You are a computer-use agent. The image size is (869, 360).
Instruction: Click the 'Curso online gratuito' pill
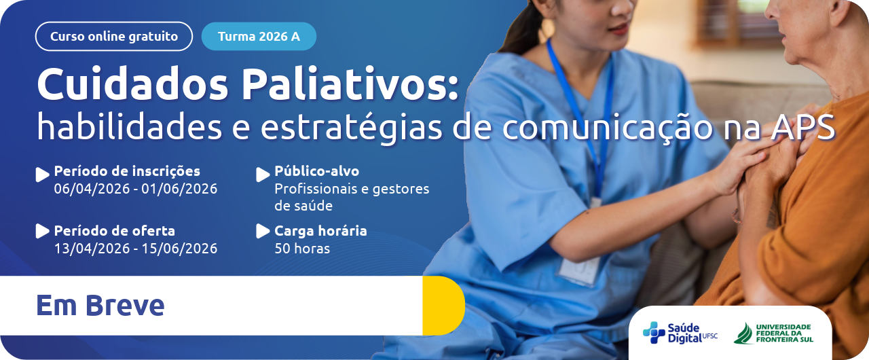pyautogui.click(x=113, y=37)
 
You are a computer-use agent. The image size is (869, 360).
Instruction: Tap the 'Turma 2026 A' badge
pyautogui.click(x=259, y=37)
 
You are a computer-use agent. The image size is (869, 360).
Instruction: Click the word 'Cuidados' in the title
pyautogui.click(x=132, y=85)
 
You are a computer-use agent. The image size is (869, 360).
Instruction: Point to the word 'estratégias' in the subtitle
pyautogui.click(x=351, y=128)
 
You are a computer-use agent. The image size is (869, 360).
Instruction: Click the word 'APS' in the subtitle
pyautogui.click(x=802, y=127)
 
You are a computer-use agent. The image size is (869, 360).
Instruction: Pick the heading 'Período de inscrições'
pyautogui.click(x=127, y=171)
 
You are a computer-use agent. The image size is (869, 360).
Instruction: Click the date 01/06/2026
pyautogui.click(x=179, y=189)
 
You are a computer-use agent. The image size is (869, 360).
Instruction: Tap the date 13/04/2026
pyautogui.click(x=92, y=249)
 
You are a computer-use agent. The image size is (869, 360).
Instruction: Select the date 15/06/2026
pyautogui.click(x=179, y=249)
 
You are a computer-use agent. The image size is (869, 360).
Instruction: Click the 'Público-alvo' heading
pyautogui.click(x=316, y=171)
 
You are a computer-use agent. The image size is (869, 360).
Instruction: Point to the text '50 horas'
pyautogui.click(x=302, y=249)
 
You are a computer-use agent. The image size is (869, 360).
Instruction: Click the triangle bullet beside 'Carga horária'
pyautogui.click(x=262, y=231)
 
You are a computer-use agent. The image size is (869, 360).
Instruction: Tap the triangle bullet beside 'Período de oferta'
pyautogui.click(x=42, y=231)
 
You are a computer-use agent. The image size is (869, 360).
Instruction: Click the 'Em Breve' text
pyautogui.click(x=100, y=306)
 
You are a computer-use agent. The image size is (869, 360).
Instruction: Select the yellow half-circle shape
pyautogui.click(x=443, y=306)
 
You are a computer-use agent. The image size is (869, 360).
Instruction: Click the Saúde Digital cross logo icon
pyautogui.click(x=654, y=332)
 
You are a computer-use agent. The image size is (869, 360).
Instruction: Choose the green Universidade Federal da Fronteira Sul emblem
pyautogui.click(x=743, y=334)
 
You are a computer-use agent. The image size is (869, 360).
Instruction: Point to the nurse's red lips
pyautogui.click(x=618, y=29)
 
